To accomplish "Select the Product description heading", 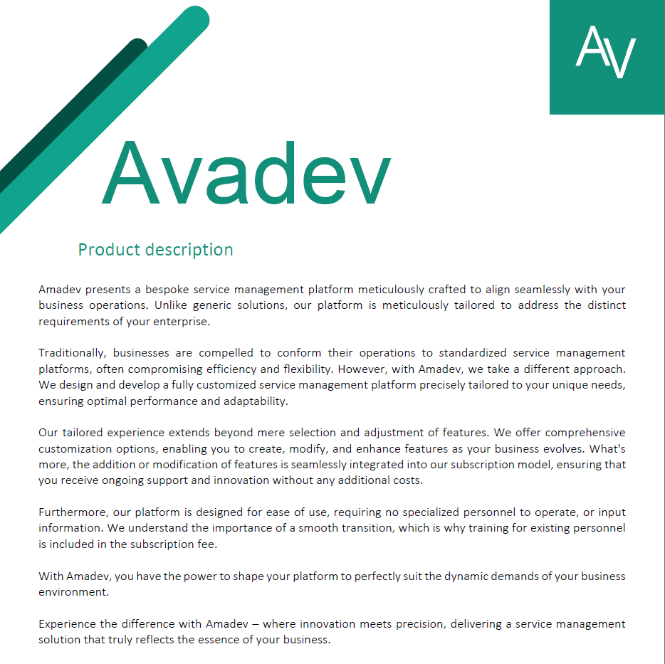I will click(155, 250).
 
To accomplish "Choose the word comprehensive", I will click(581, 433).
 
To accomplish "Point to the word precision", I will click(372, 624).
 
